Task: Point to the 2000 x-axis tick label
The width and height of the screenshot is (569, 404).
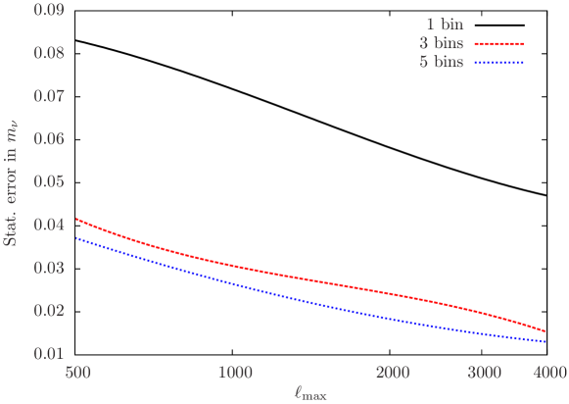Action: click(x=392, y=373)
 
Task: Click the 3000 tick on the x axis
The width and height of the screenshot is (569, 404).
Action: click(x=484, y=373)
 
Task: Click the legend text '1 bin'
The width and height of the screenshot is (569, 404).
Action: click(x=444, y=25)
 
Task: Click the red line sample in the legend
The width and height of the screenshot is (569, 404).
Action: click(x=499, y=45)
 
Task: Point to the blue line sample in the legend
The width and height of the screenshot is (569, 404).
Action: click(x=499, y=63)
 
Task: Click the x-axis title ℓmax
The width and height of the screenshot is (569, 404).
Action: click(x=310, y=393)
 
